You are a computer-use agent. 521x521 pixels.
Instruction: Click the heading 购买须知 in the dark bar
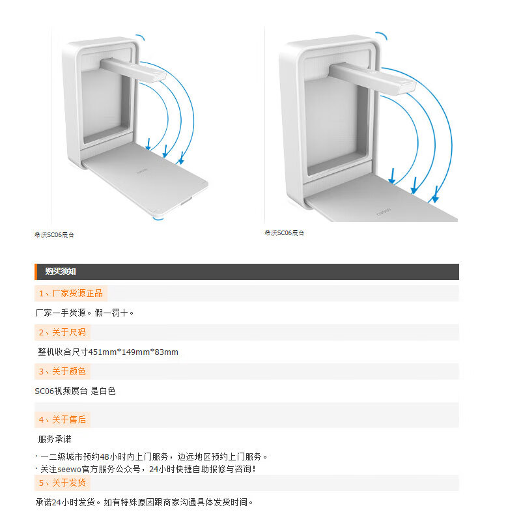click(x=61, y=272)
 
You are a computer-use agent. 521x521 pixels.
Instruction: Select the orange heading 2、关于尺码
click(x=62, y=332)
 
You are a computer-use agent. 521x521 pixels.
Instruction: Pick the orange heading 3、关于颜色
click(x=62, y=371)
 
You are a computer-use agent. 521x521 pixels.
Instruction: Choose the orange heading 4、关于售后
click(x=62, y=419)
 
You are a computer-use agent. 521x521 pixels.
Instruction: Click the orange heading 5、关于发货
click(x=62, y=483)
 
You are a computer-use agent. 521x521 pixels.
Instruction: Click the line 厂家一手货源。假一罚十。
click(x=84, y=313)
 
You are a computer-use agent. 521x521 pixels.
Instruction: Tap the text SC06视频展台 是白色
click(x=75, y=391)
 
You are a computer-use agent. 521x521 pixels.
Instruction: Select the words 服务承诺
click(x=55, y=439)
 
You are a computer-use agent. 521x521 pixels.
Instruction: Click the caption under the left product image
click(x=55, y=234)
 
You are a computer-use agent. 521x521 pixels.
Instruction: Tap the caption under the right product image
click(x=285, y=232)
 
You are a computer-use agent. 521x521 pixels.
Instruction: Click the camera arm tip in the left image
click(x=158, y=76)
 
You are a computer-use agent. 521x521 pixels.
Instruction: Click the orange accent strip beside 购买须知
click(x=36, y=272)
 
